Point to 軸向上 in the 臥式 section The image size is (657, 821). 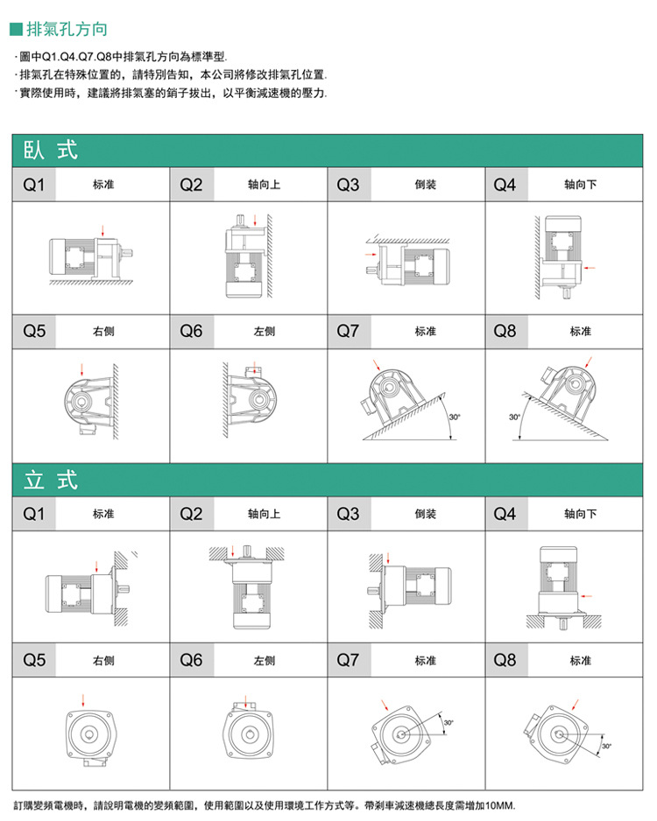click(265, 186)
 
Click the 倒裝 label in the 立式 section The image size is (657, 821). click(426, 514)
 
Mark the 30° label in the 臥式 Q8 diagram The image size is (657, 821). click(514, 417)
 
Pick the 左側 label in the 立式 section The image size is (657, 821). click(265, 661)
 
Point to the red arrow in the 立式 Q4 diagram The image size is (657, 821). click(588, 594)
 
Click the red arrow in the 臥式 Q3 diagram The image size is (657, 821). click(368, 255)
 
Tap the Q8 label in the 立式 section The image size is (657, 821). click(505, 661)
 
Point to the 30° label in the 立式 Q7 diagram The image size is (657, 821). click(448, 722)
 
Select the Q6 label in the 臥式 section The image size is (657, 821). click(191, 332)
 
